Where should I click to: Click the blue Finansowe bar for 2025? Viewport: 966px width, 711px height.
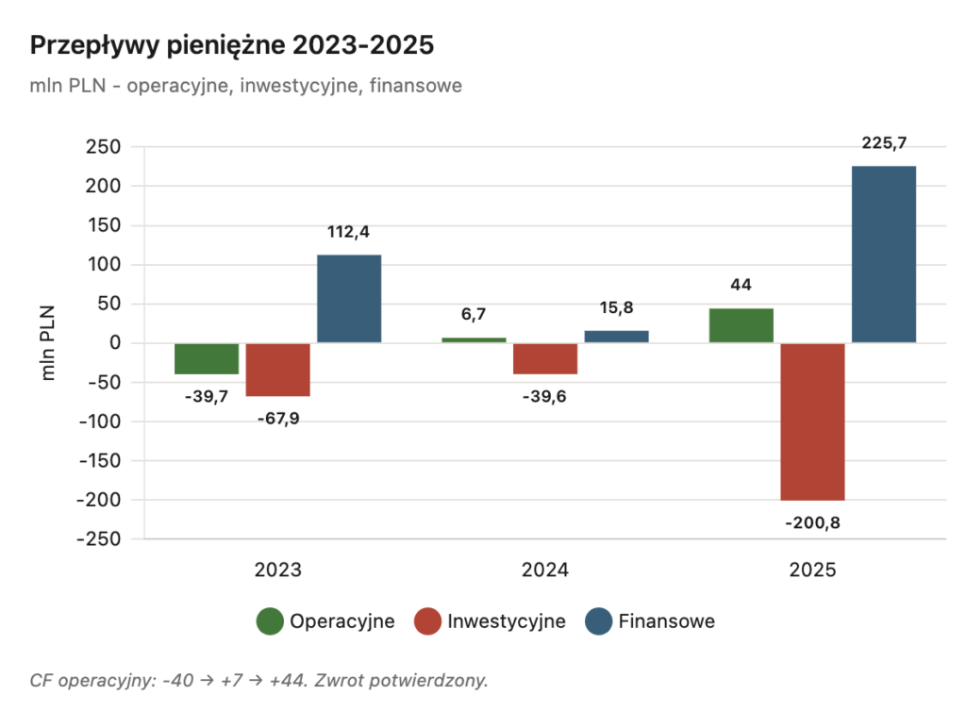883,255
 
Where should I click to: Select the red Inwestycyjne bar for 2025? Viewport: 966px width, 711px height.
812,422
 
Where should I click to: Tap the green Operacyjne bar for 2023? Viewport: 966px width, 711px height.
207,359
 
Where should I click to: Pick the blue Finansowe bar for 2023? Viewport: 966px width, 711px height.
349,299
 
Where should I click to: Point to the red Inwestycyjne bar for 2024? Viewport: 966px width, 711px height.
545,359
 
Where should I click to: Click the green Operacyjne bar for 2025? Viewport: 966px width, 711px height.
741,325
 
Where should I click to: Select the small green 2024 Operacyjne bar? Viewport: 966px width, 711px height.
474,339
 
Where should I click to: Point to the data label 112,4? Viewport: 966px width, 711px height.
349,232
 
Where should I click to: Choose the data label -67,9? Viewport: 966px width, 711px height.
278,417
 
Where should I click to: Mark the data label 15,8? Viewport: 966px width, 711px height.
616,307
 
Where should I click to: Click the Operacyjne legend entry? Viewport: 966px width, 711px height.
325,621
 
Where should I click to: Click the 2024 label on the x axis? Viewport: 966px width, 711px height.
545,570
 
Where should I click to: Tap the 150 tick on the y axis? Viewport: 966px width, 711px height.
104,225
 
